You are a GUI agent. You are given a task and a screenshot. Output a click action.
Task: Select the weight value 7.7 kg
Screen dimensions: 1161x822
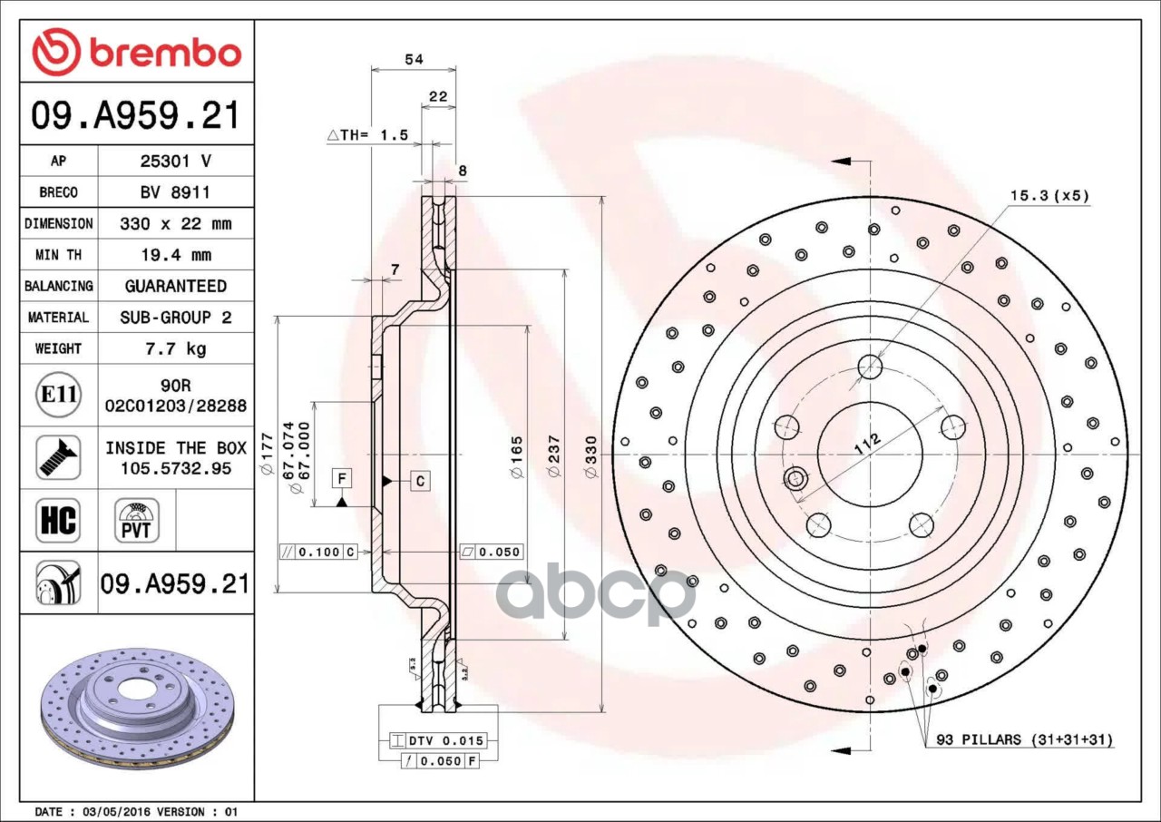point(175,348)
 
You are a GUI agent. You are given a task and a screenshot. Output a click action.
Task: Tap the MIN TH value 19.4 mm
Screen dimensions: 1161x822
point(175,255)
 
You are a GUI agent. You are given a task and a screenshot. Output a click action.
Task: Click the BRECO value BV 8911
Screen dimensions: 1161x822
point(175,192)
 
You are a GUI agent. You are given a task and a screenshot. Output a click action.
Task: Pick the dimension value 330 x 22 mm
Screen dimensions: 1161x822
point(175,223)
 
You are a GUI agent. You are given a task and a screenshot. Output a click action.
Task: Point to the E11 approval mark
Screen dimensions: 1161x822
point(58,396)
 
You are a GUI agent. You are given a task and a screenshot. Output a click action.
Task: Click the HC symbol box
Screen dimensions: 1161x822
point(58,520)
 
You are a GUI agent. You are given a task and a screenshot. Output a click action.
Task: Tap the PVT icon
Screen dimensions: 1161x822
point(137,520)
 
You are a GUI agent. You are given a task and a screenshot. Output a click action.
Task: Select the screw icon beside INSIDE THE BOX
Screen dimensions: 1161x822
point(58,457)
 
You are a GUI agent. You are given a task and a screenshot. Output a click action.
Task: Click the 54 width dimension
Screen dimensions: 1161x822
point(414,60)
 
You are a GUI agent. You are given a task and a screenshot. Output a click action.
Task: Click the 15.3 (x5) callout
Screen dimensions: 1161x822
point(1049,195)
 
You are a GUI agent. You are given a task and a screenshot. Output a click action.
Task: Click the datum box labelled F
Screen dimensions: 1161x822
point(342,478)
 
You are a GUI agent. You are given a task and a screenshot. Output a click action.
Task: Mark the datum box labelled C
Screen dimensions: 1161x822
point(420,480)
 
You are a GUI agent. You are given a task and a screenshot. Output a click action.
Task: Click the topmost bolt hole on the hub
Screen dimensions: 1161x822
point(870,367)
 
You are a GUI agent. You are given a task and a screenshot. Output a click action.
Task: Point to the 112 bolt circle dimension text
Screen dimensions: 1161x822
point(867,444)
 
